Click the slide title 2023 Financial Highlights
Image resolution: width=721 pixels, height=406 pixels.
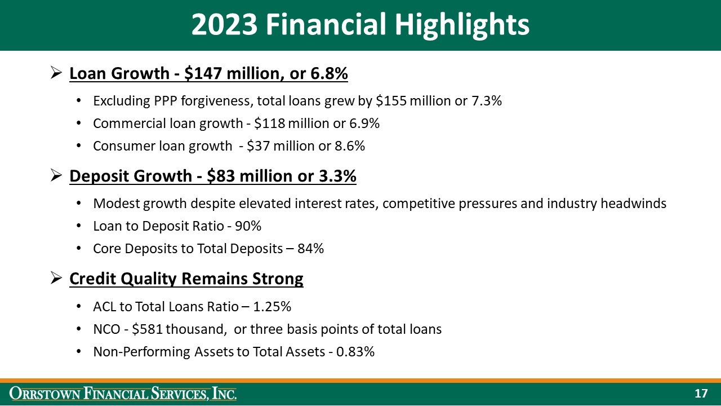coord(360,25)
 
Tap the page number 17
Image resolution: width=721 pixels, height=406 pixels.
coord(701,394)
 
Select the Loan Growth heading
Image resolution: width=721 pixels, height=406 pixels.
coord(208,74)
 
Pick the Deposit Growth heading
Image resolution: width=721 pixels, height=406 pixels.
coord(212,176)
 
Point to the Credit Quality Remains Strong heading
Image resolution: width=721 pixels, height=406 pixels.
coord(186,279)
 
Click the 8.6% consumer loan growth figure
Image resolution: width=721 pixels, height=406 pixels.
coord(349,146)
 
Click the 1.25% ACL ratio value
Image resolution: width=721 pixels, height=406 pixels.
coord(272,307)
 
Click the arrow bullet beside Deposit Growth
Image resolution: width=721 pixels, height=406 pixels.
coord(56,176)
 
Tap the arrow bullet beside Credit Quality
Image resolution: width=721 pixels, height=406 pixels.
coord(56,278)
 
